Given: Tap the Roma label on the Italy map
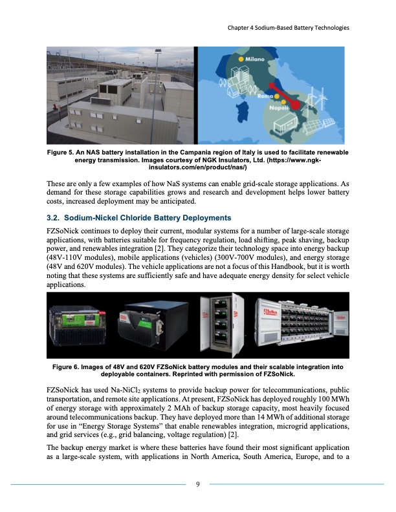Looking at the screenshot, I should pos(267,96).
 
